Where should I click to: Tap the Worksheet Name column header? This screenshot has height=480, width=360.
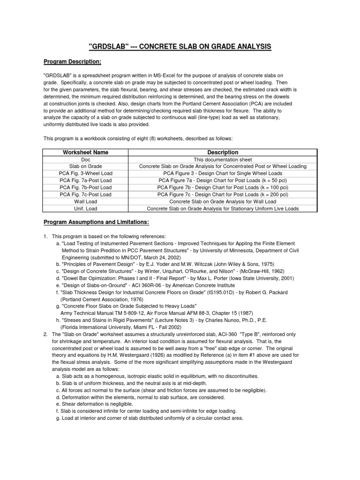(x=86, y=152)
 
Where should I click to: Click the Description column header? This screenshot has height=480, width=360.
(x=223, y=152)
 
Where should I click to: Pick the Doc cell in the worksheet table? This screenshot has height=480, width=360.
(x=86, y=159)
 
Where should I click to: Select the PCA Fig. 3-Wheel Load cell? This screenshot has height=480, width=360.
(x=86, y=173)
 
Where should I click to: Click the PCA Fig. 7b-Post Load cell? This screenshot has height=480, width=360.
(x=86, y=187)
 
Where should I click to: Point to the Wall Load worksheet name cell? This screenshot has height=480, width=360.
(x=86, y=201)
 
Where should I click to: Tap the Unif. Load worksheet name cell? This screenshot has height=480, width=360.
(x=86, y=208)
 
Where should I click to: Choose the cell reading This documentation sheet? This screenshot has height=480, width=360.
(x=223, y=159)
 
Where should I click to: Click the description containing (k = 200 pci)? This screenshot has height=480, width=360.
(x=223, y=194)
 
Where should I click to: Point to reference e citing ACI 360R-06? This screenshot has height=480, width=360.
(x=145, y=285)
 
